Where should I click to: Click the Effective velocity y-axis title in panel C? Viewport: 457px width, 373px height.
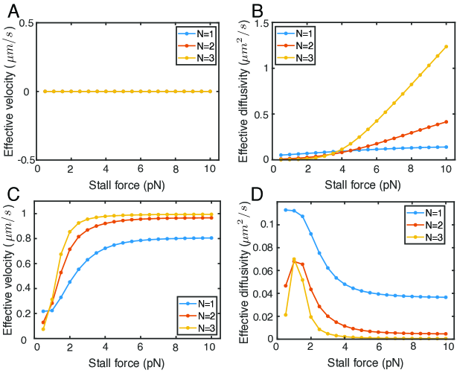click(x=10, y=272)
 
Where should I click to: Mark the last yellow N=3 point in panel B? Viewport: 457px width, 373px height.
click(x=446, y=47)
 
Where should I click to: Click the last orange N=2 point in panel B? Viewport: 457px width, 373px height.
click(x=446, y=122)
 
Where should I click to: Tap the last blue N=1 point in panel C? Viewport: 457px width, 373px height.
click(x=211, y=238)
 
